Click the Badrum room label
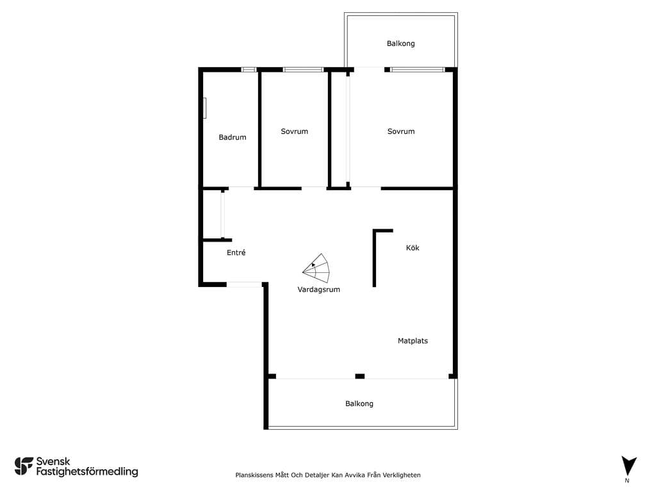232,137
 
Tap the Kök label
413,248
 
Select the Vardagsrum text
319,290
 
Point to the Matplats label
413,341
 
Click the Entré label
236,252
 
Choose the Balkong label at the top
401,44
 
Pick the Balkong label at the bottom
359,404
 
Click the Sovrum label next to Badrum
295,131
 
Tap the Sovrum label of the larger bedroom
401,131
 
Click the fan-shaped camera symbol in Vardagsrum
316,269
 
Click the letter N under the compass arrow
627,480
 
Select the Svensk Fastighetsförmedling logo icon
24,466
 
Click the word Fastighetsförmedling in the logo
87,472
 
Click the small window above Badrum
249,69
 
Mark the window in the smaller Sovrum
303,69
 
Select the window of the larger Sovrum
417,69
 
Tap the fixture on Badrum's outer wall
204,108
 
